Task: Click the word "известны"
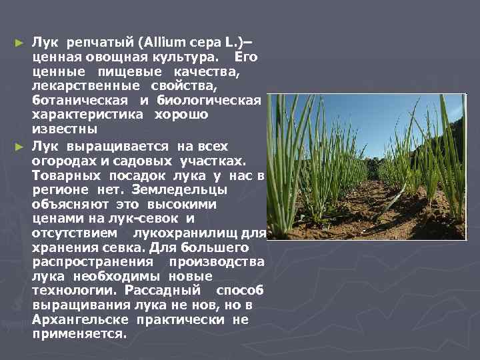[64, 129]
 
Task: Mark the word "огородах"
[63, 160]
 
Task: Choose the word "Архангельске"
[80, 319]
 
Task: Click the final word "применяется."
[79, 334]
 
